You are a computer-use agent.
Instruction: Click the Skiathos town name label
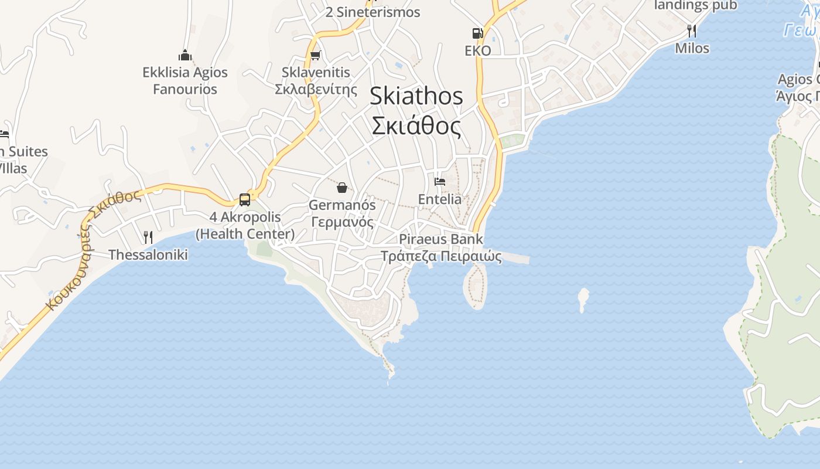tap(416, 97)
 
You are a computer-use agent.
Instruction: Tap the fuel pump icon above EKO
tap(478, 33)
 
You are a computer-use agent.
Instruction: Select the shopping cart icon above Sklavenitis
tap(316, 56)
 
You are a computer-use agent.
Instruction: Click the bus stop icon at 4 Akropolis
tap(245, 200)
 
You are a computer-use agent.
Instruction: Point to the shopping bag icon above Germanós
tap(342, 188)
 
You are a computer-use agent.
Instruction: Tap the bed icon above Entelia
tap(440, 182)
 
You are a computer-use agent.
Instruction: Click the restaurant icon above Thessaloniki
tap(148, 237)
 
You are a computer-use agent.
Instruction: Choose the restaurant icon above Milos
tap(692, 30)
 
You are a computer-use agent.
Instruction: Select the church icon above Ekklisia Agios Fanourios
tap(185, 56)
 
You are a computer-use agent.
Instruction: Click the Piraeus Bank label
tap(441, 239)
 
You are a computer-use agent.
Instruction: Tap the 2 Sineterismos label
tap(373, 12)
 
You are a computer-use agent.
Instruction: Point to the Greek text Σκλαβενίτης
tap(316, 90)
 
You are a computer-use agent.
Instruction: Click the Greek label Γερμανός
tap(342, 223)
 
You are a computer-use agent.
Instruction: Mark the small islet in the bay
tap(583, 299)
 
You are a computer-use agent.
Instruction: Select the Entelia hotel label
tap(440, 199)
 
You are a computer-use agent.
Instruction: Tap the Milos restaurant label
tap(692, 48)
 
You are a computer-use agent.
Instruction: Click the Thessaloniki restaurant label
tap(148, 255)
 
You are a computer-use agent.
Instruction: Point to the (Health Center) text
tap(245, 234)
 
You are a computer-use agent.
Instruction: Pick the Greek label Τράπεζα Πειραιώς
tap(441, 256)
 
